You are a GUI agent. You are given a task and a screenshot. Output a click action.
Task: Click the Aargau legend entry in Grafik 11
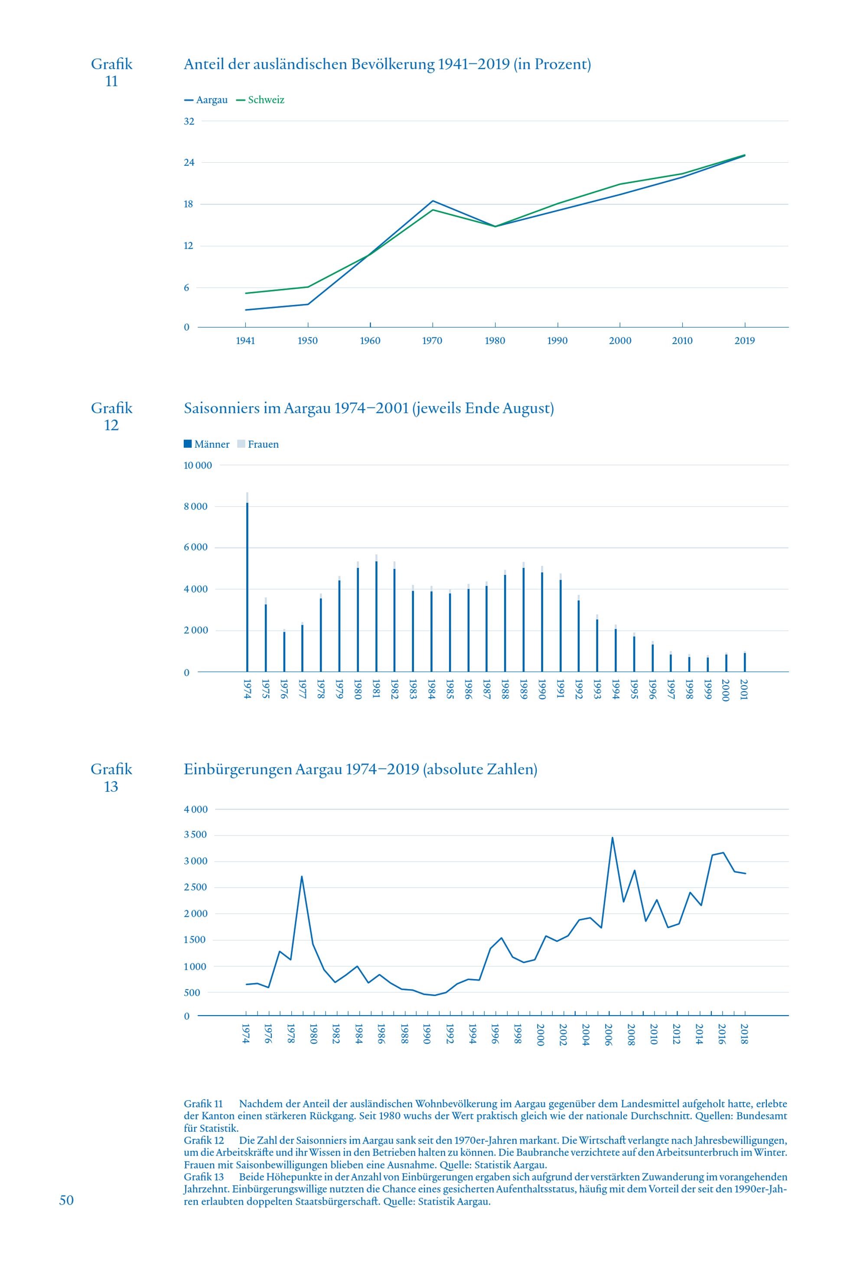(x=206, y=100)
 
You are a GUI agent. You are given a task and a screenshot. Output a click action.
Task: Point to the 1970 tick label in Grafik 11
(x=432, y=341)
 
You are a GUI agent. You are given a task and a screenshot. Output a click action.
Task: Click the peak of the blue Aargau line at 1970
(x=432, y=201)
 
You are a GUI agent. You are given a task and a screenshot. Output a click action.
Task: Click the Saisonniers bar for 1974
(x=247, y=582)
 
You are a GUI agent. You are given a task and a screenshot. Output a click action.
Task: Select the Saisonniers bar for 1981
(x=376, y=613)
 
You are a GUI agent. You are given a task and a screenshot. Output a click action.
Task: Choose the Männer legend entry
(x=207, y=444)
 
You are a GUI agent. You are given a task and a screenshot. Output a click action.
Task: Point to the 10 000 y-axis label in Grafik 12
(x=198, y=465)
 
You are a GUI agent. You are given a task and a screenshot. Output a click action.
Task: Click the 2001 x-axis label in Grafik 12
(x=744, y=690)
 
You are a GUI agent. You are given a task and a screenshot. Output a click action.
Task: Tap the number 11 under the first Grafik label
(x=111, y=81)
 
